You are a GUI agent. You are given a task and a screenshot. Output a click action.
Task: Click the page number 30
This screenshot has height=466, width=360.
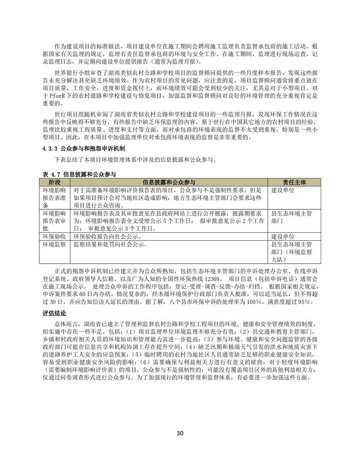click(180, 432)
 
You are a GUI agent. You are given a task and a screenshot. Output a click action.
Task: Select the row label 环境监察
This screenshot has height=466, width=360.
click(54, 244)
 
